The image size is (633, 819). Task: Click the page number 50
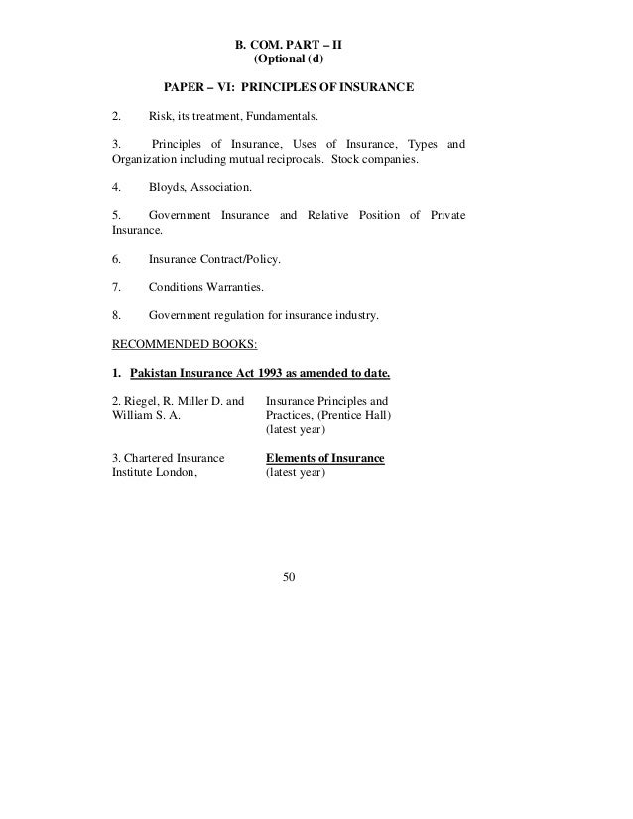(x=289, y=577)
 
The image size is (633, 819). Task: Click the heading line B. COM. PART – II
(x=288, y=45)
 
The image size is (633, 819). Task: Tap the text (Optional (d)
(x=289, y=59)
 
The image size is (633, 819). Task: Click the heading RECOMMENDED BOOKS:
(x=185, y=345)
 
